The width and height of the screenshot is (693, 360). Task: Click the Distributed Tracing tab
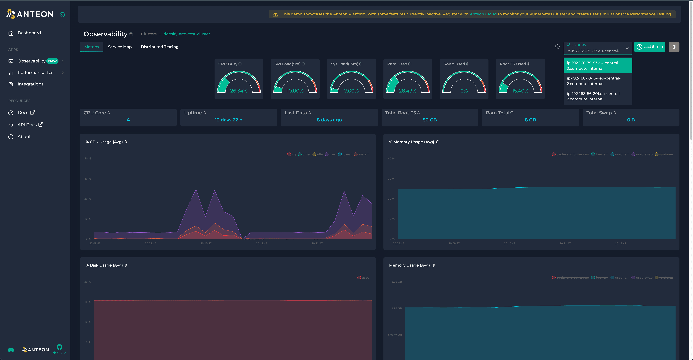pyautogui.click(x=160, y=47)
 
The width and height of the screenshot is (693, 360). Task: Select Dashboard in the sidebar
pyautogui.click(x=29, y=33)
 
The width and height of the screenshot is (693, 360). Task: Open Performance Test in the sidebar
pyautogui.click(x=36, y=73)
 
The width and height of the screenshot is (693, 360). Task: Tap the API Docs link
pyautogui.click(x=27, y=125)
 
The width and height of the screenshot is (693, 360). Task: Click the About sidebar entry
pyautogui.click(x=24, y=137)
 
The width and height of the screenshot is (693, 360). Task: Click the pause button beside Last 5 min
pyautogui.click(x=674, y=47)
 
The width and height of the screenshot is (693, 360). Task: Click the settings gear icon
pyautogui.click(x=557, y=47)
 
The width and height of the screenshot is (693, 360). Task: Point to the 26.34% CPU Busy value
pyautogui.click(x=239, y=91)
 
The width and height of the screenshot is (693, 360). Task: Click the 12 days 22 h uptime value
pyautogui.click(x=228, y=120)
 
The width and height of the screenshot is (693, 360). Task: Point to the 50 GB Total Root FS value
pyautogui.click(x=430, y=120)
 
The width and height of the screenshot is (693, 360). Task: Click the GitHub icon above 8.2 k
pyautogui.click(x=59, y=347)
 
